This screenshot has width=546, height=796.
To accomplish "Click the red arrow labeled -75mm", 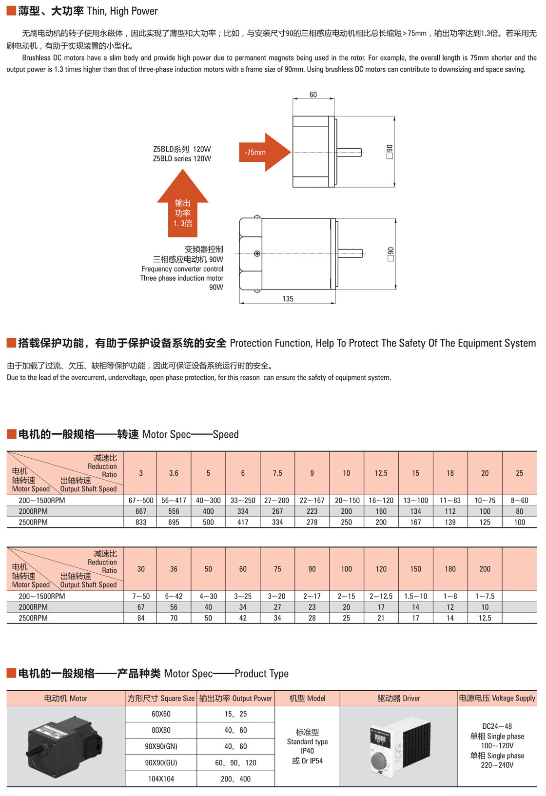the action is click(264, 152).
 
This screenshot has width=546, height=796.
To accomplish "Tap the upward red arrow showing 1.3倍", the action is click(183, 203).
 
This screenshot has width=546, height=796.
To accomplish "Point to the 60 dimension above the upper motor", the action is click(313, 95).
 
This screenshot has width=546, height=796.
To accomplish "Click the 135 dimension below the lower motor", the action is click(288, 299).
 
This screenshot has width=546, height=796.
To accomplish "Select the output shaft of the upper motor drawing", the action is click(349, 153).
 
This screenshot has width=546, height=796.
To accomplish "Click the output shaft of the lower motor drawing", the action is click(350, 253).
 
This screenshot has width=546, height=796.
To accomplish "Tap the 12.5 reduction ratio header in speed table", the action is click(381, 473).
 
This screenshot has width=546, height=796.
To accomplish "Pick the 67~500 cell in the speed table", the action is click(141, 500).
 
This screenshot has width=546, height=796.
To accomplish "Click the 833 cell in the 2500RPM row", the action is click(141, 522).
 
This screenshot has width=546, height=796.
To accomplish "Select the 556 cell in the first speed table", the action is click(174, 511).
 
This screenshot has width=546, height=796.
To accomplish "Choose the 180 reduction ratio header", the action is click(450, 569).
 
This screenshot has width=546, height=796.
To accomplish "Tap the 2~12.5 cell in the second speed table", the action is click(381, 596).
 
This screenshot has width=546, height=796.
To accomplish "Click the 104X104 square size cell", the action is click(161, 779).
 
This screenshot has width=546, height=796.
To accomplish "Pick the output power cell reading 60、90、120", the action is click(235, 762).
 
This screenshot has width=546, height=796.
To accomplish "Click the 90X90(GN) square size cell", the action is click(161, 746).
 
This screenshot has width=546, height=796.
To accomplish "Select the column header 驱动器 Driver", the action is click(399, 699).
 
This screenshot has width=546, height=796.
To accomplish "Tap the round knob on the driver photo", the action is click(381, 760).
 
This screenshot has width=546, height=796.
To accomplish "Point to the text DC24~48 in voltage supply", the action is click(497, 726).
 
